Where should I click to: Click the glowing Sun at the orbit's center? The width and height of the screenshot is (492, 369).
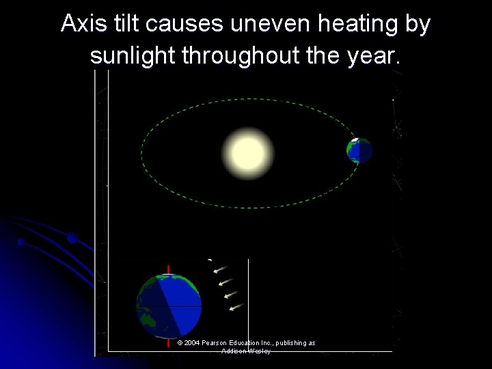[x=247, y=153]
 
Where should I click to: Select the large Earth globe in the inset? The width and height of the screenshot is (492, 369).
[x=169, y=305]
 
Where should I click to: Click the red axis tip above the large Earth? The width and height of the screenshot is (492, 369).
[x=169, y=268]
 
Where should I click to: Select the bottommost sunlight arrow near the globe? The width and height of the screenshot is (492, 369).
[x=236, y=307]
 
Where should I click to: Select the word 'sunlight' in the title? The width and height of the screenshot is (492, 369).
[x=133, y=56]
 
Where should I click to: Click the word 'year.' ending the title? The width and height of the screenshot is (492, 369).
[x=373, y=56]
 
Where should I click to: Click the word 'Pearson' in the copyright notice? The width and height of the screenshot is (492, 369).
[x=219, y=343]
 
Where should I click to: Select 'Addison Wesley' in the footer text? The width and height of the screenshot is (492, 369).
[x=246, y=351]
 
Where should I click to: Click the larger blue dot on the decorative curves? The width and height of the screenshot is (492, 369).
[x=72, y=238]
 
